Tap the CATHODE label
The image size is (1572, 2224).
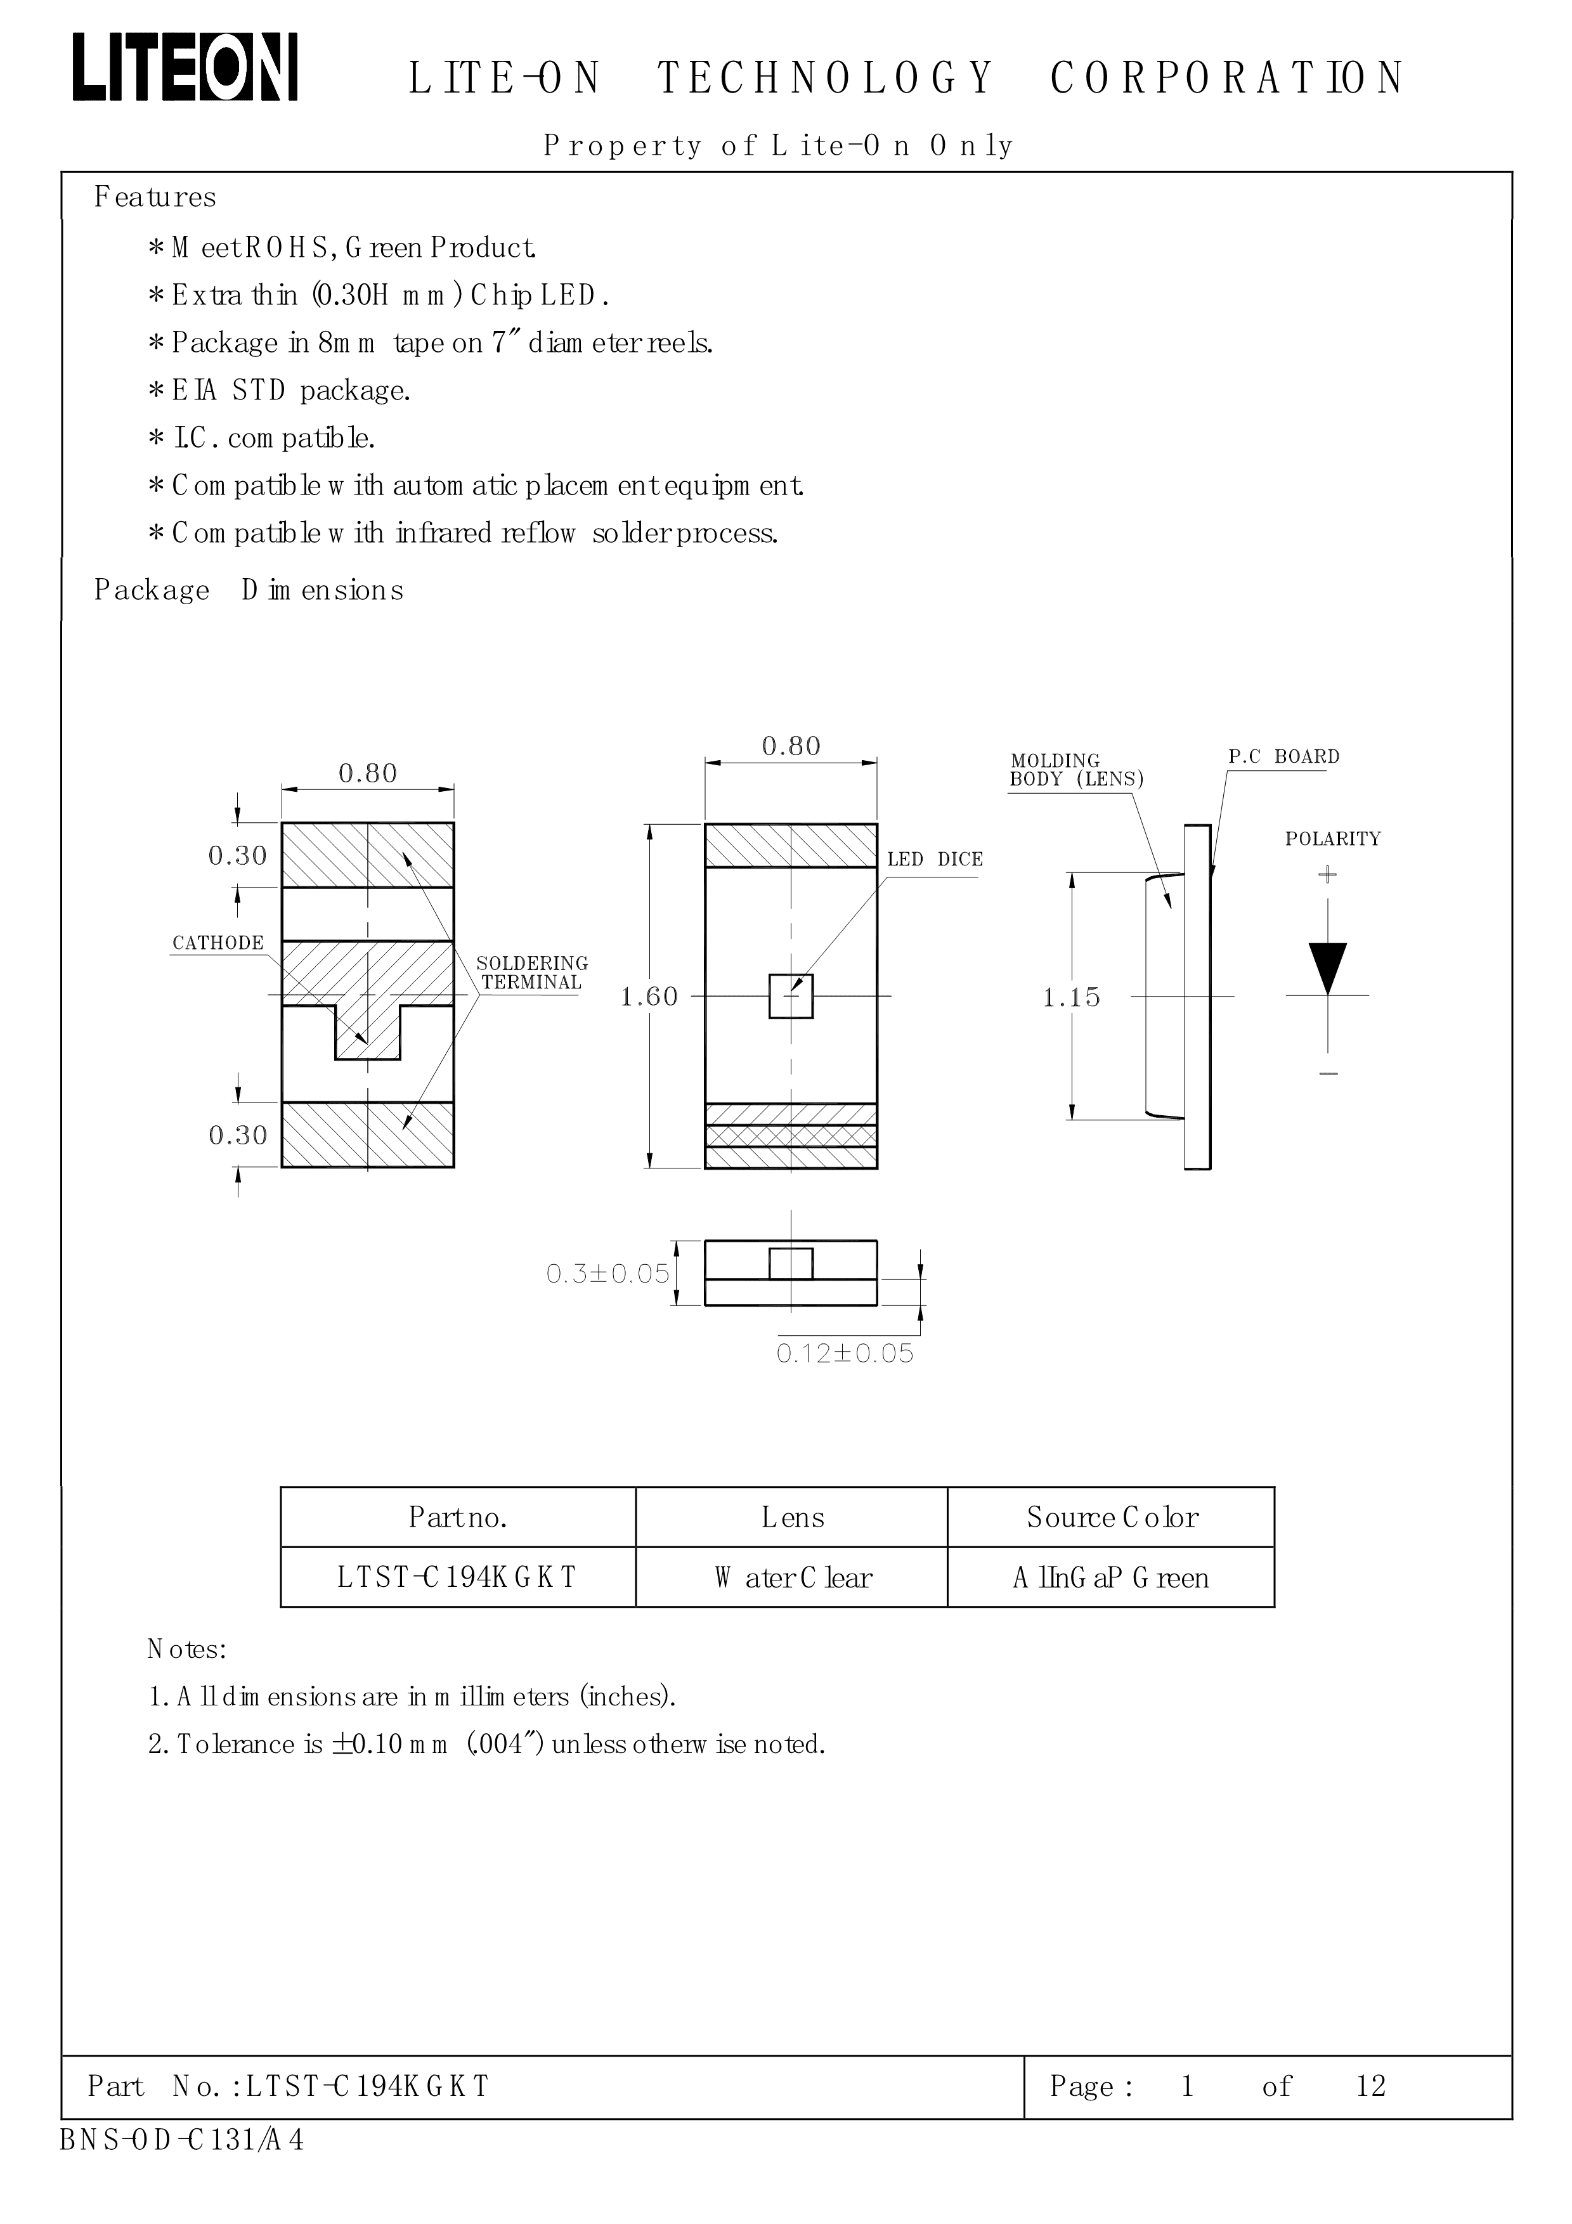click(x=218, y=943)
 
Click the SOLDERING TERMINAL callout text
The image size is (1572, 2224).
click(x=532, y=973)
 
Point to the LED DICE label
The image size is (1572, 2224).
click(x=935, y=859)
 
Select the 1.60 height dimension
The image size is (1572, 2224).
click(x=649, y=997)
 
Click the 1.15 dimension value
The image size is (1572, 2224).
click(x=1071, y=997)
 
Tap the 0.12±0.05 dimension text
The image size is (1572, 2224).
click(x=845, y=1353)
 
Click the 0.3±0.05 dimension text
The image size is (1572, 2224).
click(x=607, y=1274)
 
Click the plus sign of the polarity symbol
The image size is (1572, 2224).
click(x=1327, y=875)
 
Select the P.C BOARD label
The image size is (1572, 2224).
click(x=1283, y=756)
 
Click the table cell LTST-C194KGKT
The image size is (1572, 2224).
click(x=457, y=1578)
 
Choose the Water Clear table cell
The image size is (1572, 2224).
click(x=792, y=1578)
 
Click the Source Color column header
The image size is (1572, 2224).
click(x=1112, y=1517)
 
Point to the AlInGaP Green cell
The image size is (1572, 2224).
click(x=1111, y=1578)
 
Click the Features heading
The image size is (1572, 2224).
click(x=155, y=198)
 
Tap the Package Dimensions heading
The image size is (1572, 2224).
click(x=248, y=590)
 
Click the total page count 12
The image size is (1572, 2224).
click(x=1370, y=2086)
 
